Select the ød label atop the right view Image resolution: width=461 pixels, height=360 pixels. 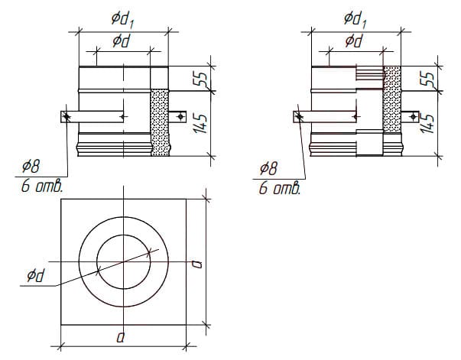(x=353, y=41)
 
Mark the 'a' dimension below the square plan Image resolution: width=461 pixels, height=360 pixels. (x=122, y=336)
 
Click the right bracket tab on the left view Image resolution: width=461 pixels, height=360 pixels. (x=179, y=116)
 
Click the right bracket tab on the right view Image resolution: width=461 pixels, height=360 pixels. (x=414, y=116)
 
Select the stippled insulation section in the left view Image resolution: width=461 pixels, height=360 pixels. (x=159, y=122)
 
